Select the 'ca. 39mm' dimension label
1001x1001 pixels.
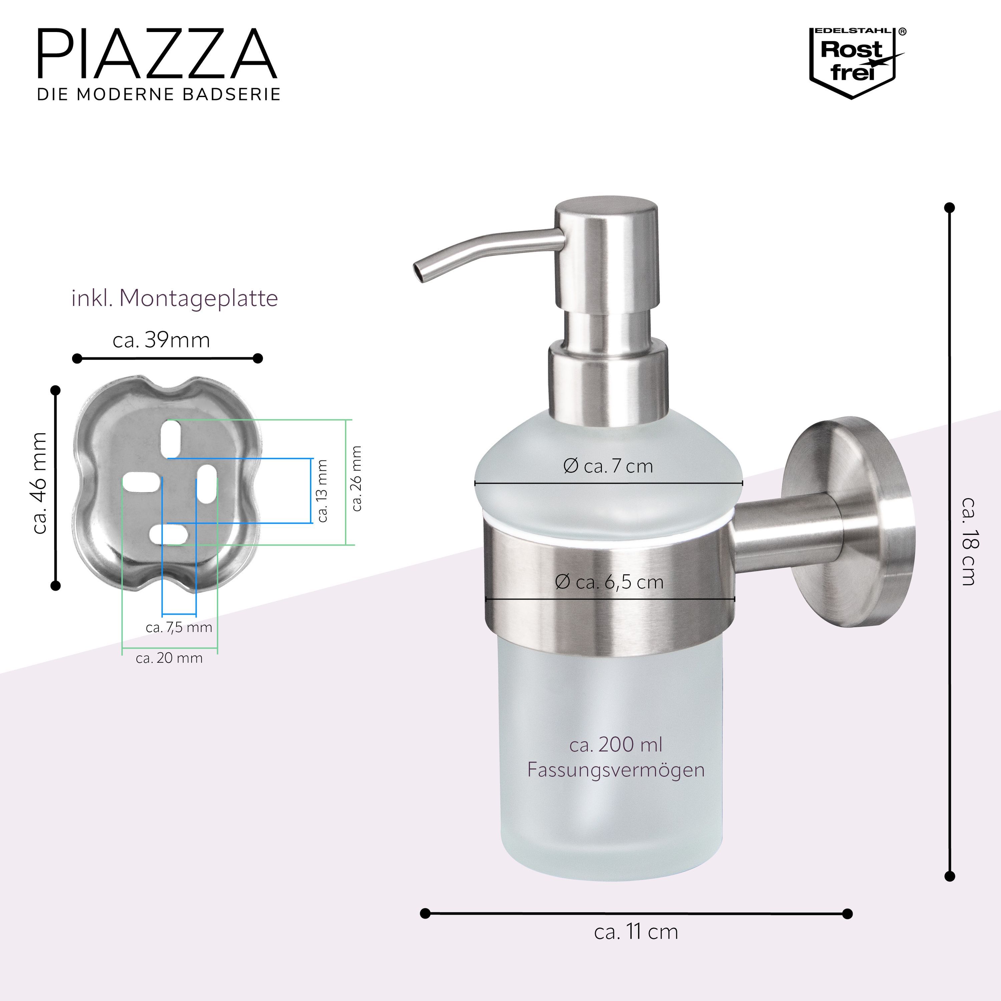click(161, 340)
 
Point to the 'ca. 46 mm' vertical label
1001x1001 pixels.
click(39, 483)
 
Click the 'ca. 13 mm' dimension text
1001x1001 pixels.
click(322, 490)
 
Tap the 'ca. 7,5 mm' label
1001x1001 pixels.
click(179, 627)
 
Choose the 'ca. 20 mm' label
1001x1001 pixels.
click(169, 658)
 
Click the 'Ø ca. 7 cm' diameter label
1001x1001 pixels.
click(608, 466)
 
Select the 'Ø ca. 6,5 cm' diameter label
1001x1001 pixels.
click(609, 582)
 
